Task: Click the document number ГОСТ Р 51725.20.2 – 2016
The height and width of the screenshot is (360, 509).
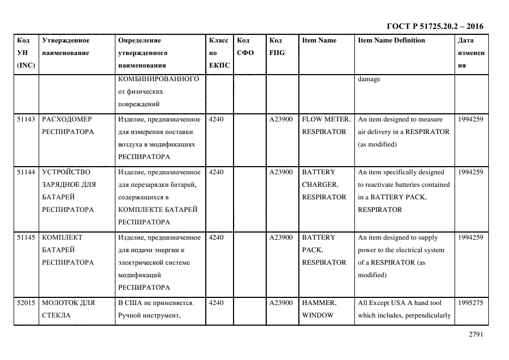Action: (x=434, y=26)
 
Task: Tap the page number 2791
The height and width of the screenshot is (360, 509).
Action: (x=476, y=335)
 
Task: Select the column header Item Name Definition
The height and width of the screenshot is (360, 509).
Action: (x=391, y=40)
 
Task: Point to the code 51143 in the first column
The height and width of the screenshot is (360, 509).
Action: (x=26, y=119)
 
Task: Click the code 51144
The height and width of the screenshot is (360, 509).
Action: (x=26, y=172)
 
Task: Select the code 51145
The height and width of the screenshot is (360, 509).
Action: (x=26, y=237)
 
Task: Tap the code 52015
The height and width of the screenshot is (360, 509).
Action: (x=26, y=303)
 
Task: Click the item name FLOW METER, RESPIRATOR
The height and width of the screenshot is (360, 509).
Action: (x=326, y=125)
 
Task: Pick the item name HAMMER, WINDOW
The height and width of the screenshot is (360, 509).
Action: (x=319, y=309)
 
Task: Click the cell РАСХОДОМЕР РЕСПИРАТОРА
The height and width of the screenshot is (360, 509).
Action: (x=68, y=125)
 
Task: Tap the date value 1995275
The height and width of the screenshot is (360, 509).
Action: (x=470, y=303)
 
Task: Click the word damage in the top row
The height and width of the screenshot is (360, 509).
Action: (x=369, y=80)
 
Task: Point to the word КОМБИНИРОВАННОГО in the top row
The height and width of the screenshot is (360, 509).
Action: (x=158, y=80)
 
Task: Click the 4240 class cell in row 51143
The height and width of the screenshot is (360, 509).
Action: (x=216, y=119)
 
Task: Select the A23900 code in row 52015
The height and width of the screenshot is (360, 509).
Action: (x=281, y=303)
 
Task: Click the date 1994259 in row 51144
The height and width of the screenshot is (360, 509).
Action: (x=470, y=172)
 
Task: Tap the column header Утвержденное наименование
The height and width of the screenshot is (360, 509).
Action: (x=66, y=46)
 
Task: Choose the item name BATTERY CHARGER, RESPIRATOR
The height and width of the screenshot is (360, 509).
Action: (x=324, y=185)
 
